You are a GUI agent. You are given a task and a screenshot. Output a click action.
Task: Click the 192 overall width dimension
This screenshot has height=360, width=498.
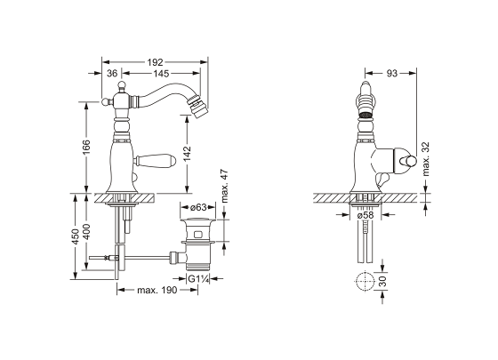coord(155,62)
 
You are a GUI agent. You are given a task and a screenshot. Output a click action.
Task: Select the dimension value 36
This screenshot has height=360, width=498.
coord(112,73)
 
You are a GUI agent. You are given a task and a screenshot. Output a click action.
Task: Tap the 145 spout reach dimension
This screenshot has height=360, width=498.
coord(161,73)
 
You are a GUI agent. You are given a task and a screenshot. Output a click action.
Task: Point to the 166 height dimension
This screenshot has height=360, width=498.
coord(87,148)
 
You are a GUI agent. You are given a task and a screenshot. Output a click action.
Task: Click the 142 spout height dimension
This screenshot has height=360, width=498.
coord(188,154)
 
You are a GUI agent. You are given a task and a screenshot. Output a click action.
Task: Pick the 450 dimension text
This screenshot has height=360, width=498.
coord(76,236)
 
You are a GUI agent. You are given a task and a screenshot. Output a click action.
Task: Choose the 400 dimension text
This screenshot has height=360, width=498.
coord(87,232)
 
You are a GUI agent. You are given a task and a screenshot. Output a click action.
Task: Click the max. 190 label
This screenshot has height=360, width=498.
coord(157,290)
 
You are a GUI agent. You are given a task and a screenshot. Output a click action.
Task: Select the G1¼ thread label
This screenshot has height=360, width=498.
coord(197,279)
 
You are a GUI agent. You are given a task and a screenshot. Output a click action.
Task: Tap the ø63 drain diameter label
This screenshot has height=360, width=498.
coord(198,207)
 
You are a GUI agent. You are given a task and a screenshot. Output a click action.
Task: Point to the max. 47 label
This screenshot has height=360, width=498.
coord(225,187)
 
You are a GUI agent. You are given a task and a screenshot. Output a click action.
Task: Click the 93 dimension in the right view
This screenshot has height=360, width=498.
coord(391,73)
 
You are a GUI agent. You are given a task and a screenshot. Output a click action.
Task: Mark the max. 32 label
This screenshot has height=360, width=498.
coord(426,159)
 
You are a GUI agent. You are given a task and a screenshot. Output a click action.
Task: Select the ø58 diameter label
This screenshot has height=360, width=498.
coord(365,215)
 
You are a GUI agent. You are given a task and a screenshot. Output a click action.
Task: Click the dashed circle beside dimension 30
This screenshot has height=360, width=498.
coord(365,281)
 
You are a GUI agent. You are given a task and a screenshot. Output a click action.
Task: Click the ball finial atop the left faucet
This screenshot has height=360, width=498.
coord(122,85)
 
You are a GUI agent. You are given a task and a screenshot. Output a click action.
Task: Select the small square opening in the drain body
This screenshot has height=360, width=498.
coord(198,235)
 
